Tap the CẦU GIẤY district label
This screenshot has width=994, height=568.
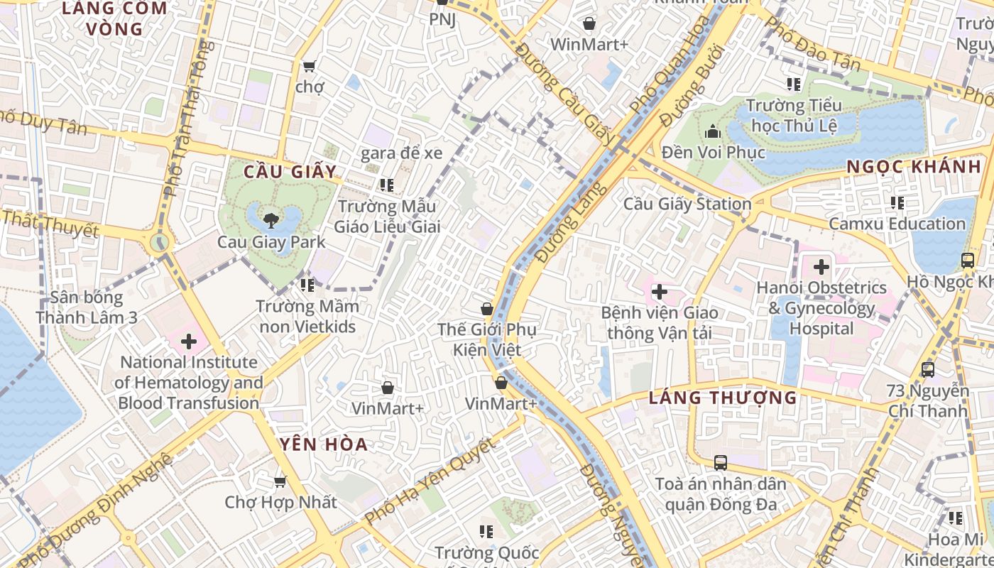289,172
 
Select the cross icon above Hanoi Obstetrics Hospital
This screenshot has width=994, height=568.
821,267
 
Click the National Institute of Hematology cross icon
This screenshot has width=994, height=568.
189,342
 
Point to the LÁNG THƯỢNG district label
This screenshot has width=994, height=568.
723,398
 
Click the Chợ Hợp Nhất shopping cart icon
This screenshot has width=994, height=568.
280,481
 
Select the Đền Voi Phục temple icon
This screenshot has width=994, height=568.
712,131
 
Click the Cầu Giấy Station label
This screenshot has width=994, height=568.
687,204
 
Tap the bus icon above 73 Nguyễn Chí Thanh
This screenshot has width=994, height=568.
927,369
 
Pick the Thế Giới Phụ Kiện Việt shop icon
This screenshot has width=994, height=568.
487,309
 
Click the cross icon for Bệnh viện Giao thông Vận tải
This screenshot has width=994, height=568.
660,291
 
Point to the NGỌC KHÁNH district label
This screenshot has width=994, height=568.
914,167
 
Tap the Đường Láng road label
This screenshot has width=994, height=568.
572,222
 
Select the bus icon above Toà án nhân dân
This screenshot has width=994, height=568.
721,463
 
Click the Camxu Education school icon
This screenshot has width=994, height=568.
897,203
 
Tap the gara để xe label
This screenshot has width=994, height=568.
401,153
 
